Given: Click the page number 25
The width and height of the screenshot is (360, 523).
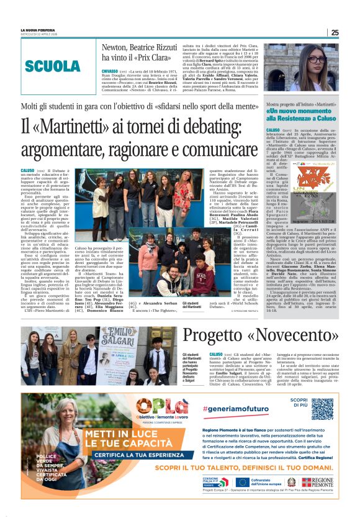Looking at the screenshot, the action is [335, 32].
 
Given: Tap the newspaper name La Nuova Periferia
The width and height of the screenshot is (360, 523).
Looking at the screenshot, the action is [37, 30].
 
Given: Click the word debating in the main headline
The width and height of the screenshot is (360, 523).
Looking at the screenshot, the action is [199, 128].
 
